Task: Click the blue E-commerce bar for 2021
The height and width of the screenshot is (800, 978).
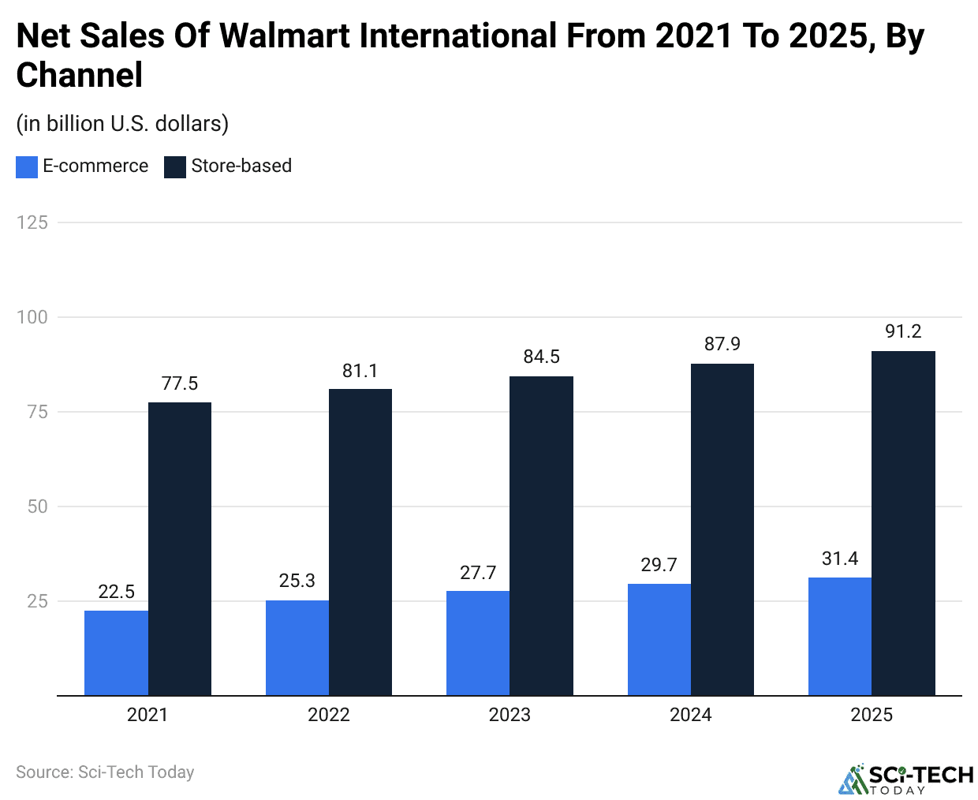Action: tap(116, 652)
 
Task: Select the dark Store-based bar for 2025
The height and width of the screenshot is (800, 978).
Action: tap(903, 523)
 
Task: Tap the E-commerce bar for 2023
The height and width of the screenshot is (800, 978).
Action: tap(478, 643)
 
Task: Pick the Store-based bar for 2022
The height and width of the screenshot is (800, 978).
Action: tap(360, 542)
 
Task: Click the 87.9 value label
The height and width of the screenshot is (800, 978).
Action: tap(722, 344)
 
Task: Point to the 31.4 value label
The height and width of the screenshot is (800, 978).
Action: tap(840, 559)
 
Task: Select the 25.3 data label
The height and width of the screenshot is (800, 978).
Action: tap(297, 581)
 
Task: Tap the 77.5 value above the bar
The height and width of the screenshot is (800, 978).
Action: tap(180, 383)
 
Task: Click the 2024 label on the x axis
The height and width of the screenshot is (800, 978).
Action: tap(691, 715)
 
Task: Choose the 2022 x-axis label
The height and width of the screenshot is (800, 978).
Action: tap(329, 715)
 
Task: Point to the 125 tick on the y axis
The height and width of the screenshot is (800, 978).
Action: tap(32, 222)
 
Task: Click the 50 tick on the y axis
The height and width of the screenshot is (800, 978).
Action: tap(38, 507)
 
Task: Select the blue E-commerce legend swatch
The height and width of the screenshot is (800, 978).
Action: tap(27, 166)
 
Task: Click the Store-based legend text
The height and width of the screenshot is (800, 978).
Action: tap(241, 166)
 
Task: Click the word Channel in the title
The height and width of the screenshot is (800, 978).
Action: tap(80, 76)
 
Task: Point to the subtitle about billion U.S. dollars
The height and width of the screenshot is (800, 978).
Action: tap(122, 124)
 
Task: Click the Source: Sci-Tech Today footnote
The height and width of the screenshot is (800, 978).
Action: tap(105, 772)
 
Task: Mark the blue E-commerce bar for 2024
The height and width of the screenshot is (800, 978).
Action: tap(659, 639)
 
